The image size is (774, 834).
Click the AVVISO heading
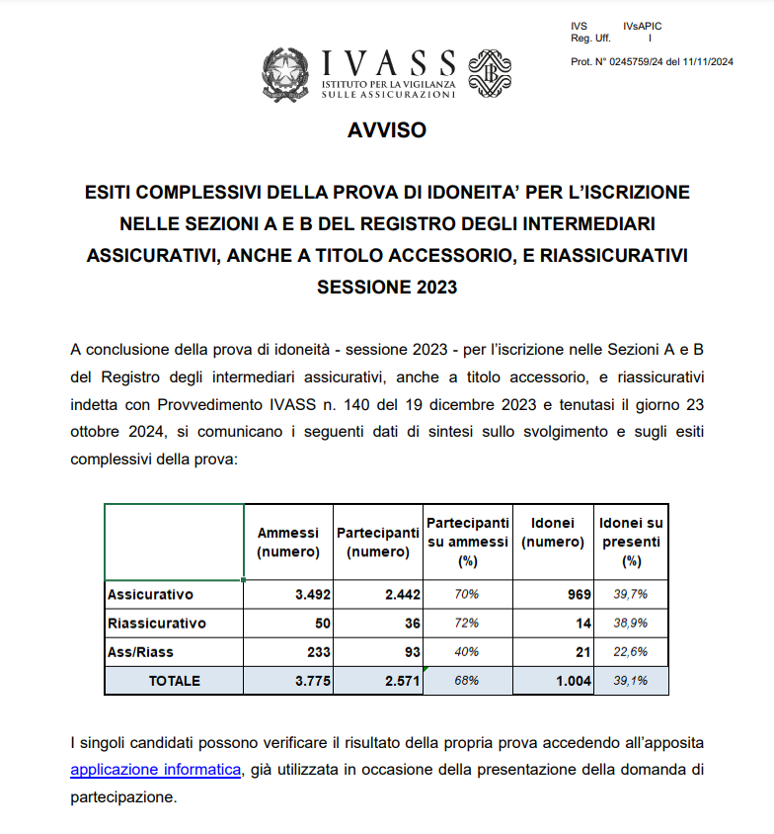[x=386, y=130]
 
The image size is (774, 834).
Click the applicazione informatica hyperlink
[x=156, y=770]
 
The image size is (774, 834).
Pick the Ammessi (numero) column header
[x=288, y=542]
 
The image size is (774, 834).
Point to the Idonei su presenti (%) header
[x=632, y=542]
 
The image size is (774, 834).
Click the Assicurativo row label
[x=150, y=595]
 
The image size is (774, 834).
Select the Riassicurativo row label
[x=157, y=624]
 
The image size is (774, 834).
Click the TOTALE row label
[x=174, y=681]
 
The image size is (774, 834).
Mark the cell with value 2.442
[x=401, y=595]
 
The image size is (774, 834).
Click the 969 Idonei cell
[x=579, y=595]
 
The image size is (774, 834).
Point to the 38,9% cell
[x=632, y=624]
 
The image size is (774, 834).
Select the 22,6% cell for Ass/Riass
[x=632, y=652]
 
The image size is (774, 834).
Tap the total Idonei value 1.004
[x=572, y=681]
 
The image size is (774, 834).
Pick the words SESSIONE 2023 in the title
[x=387, y=288]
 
